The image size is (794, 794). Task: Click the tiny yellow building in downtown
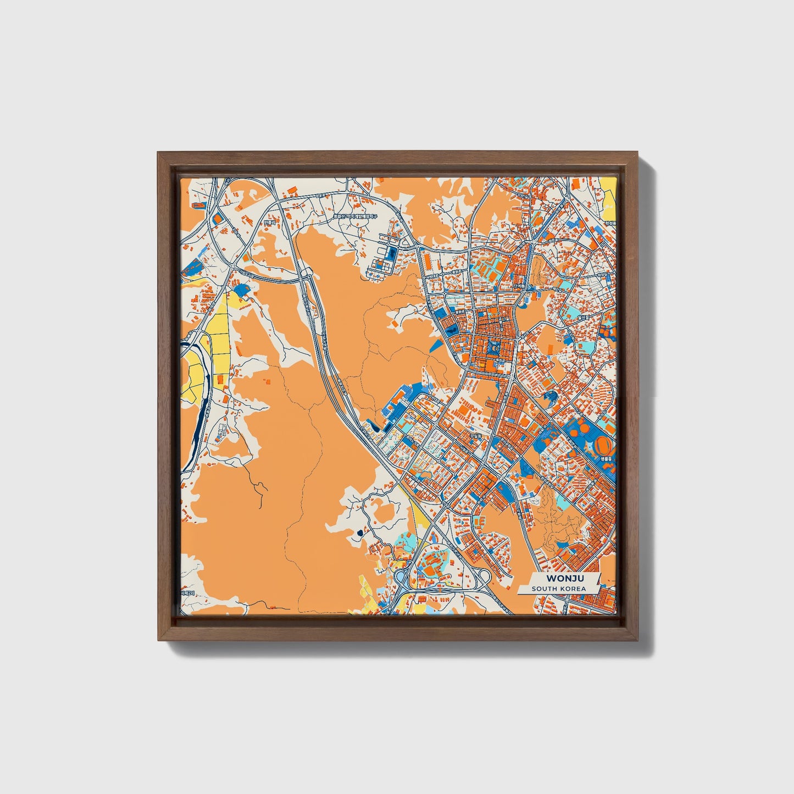(482, 364)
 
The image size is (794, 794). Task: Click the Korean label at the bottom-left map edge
(187, 593)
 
